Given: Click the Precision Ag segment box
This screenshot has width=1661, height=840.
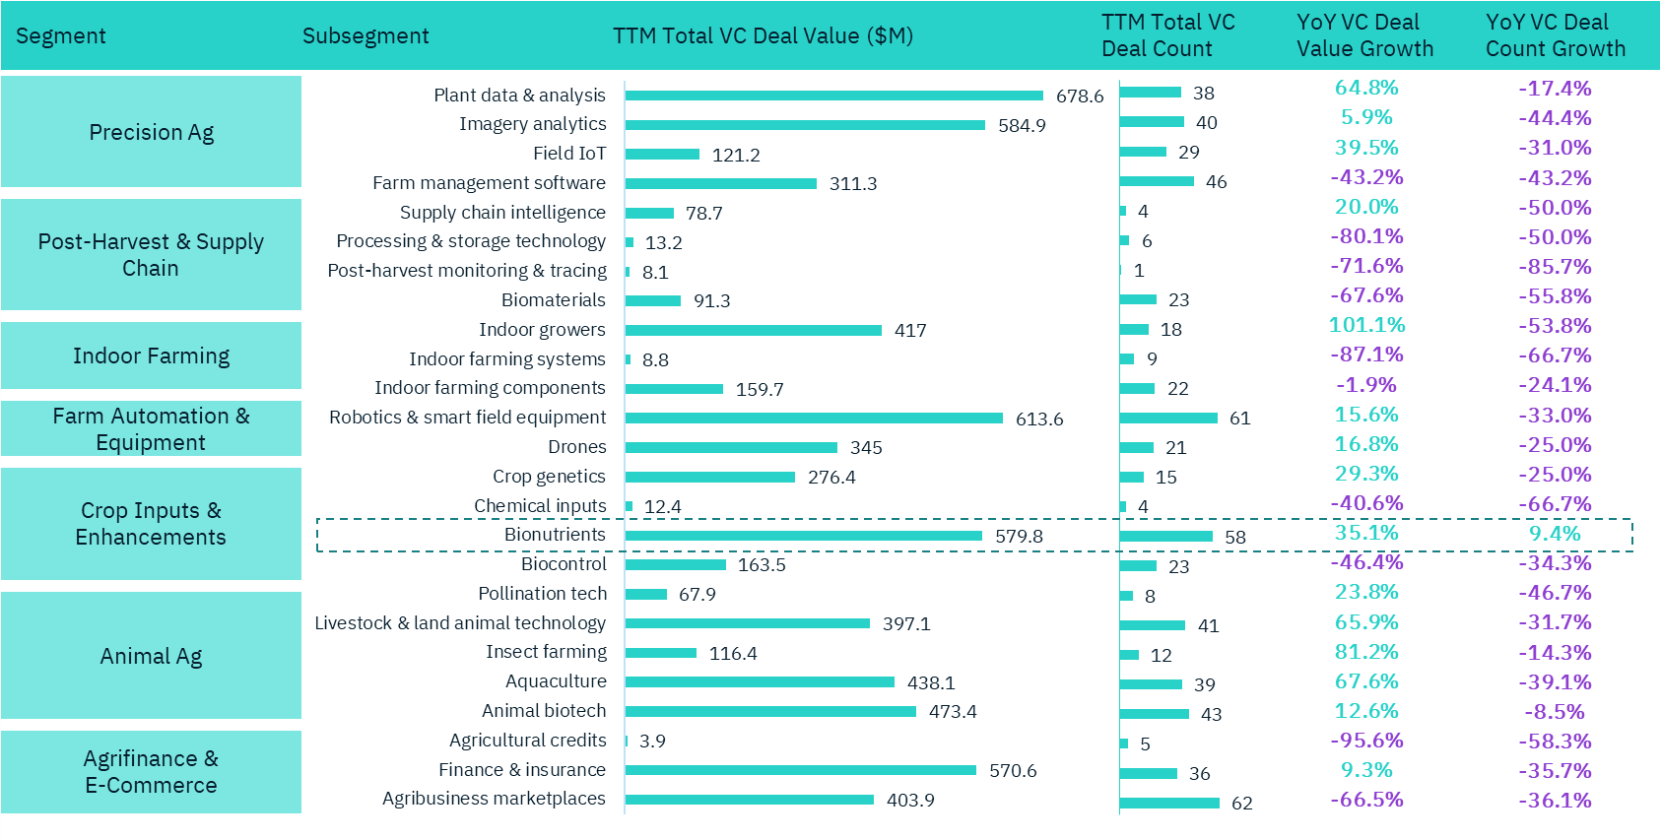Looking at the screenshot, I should pyautogui.click(x=151, y=132).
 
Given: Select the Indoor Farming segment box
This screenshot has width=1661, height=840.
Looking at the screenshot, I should pyautogui.click(x=151, y=355).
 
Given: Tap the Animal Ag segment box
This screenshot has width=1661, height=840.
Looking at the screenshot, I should pyautogui.click(x=151, y=656).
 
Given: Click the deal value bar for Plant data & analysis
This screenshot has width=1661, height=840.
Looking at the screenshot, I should pyautogui.click(x=833, y=96).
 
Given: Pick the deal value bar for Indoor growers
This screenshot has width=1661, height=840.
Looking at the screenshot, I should pyautogui.click(x=753, y=330).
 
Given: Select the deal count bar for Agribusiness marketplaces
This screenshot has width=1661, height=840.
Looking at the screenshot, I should pyautogui.click(x=1169, y=803).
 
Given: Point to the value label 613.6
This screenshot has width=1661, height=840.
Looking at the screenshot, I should pyautogui.click(x=1039, y=419).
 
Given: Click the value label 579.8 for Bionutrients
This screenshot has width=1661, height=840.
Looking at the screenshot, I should pyautogui.click(x=1019, y=536).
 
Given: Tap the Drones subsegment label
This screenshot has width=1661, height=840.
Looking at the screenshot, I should pyautogui.click(x=577, y=447).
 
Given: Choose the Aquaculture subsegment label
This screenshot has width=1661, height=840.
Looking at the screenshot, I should pyautogui.click(x=556, y=681).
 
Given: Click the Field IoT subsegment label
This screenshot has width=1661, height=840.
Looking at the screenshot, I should pyautogui.click(x=569, y=154).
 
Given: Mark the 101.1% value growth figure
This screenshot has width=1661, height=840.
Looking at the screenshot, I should pyautogui.click(x=1366, y=325).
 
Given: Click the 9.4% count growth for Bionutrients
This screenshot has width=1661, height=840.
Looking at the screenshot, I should pyautogui.click(x=1555, y=534).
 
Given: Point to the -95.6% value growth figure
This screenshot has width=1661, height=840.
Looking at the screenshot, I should pyautogui.click(x=1366, y=741).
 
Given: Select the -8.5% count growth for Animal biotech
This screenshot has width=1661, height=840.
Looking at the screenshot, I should pyautogui.click(x=1555, y=712).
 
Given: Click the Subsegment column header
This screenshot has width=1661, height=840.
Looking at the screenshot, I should pyautogui.click(x=365, y=36).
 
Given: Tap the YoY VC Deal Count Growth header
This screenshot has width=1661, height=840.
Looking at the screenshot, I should pyautogui.click(x=1556, y=35).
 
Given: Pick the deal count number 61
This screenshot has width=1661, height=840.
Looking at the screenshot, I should pyautogui.click(x=1240, y=419).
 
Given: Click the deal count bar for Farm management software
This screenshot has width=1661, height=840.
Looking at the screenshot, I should pyautogui.click(x=1157, y=181).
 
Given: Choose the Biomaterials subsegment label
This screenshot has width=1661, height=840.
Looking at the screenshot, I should pyautogui.click(x=554, y=300).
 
